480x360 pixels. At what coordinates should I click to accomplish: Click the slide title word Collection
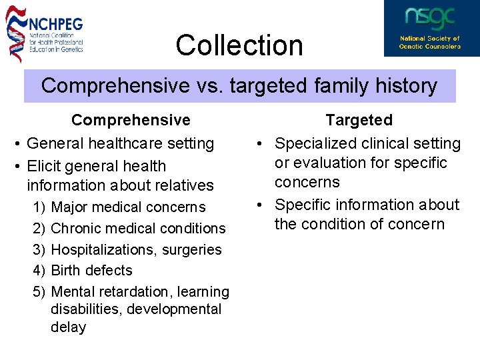[x=239, y=45]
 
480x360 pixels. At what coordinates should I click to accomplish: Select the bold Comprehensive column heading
[x=131, y=120]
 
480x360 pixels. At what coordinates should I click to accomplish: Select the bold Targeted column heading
[x=359, y=120]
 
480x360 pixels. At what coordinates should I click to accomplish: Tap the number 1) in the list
[x=39, y=207]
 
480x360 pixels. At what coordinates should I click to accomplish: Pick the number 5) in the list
[x=39, y=292]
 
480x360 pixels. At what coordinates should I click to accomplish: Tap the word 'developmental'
[x=174, y=309]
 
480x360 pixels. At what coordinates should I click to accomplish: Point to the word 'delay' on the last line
[x=68, y=327]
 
